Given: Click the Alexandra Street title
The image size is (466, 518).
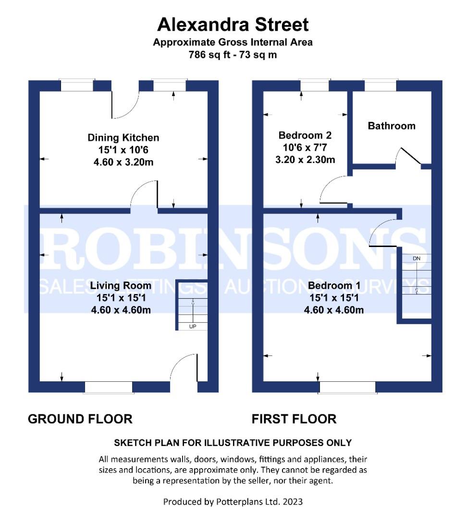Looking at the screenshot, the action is [233, 25].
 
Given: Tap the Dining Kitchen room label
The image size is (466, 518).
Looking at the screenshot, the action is [123, 138].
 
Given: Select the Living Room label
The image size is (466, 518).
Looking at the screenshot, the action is [121, 285].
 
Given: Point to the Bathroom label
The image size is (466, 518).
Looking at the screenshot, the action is [392, 126].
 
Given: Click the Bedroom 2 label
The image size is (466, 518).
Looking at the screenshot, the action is [305, 135].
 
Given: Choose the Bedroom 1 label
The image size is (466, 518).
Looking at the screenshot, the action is [334, 285].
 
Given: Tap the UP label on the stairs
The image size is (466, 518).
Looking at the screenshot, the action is [193, 327].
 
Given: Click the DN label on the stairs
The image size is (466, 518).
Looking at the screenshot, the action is [417, 259].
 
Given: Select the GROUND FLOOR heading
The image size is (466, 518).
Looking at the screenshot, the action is [80, 419].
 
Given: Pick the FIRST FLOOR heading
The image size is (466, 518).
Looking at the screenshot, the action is [294, 419].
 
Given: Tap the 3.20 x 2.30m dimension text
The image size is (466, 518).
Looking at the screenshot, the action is [305, 160].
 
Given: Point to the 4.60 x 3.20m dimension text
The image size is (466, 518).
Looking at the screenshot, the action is [123, 162].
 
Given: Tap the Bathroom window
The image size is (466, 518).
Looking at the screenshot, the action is [380, 85].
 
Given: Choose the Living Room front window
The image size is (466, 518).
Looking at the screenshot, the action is [109, 387].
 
